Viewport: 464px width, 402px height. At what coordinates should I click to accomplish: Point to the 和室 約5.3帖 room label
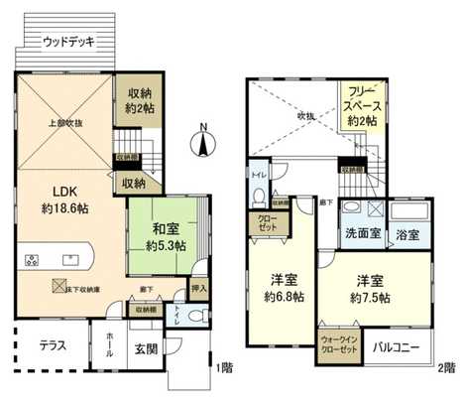point(165,235)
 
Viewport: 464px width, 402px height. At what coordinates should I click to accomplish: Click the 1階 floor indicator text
point(225,366)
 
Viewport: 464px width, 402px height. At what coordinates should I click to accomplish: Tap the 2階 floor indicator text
point(447,366)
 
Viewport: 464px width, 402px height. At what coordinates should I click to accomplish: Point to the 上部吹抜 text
point(56,125)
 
